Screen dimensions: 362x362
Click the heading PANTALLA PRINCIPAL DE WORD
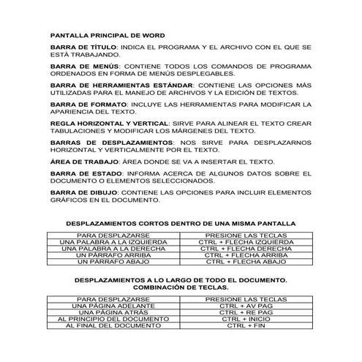[x=107, y=35]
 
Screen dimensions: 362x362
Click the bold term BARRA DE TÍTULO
[x=81, y=46]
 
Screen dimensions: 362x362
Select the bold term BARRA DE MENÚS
[x=80, y=66]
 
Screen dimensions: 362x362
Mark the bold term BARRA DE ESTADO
[x=80, y=175]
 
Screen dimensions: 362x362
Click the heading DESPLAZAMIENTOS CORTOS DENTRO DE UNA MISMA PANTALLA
[x=180, y=222]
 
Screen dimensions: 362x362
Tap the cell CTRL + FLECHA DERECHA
[x=246, y=249]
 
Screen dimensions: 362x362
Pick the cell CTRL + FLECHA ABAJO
[x=246, y=262]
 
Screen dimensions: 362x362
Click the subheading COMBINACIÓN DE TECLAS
[x=180, y=288]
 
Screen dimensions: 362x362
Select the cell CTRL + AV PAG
[x=246, y=306]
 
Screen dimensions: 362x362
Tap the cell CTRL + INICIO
[x=246, y=320]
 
